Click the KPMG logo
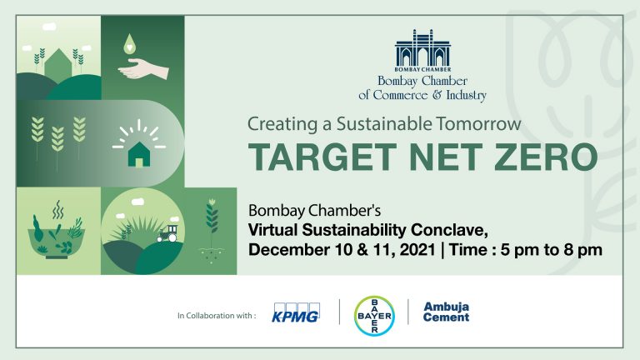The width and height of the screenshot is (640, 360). (x=296, y=312)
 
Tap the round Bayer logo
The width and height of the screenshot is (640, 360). (x=374, y=316)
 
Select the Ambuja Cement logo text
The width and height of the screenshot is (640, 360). (x=446, y=312)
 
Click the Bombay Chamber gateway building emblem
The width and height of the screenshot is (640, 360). (x=422, y=50)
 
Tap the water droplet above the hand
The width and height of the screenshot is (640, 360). (x=129, y=44)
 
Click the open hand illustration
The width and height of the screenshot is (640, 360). (x=142, y=69)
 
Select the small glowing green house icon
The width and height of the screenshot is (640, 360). (x=139, y=154)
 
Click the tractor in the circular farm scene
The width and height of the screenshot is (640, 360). (x=167, y=234)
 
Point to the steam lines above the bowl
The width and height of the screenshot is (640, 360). (x=58, y=209)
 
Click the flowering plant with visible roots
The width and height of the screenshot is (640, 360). (x=212, y=228)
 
